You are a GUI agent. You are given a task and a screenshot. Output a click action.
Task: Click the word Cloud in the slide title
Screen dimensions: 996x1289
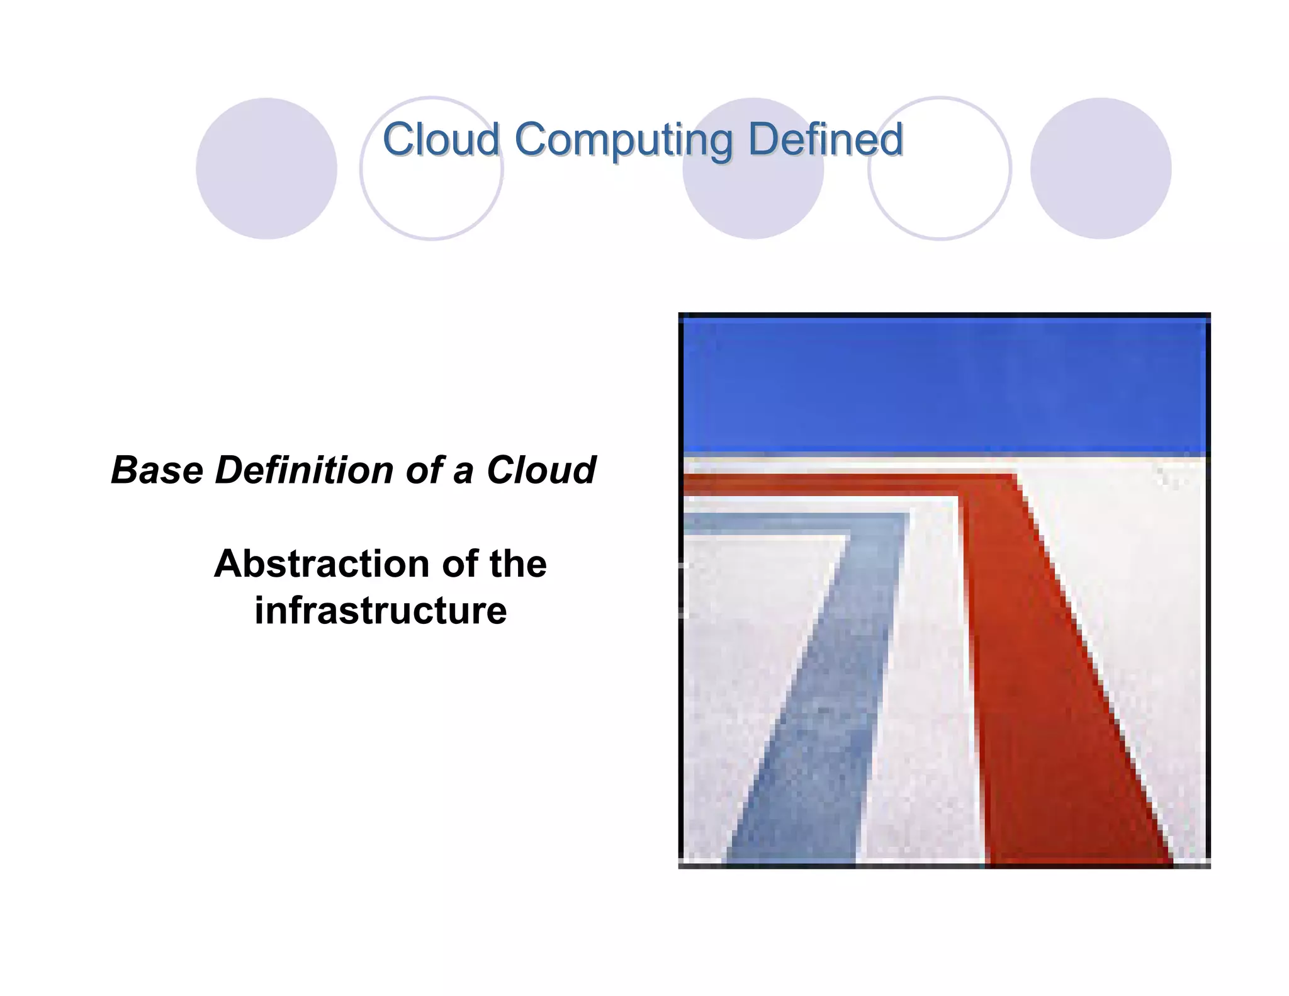[441, 139]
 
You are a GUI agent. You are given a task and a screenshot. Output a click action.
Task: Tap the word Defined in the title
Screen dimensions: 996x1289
[825, 139]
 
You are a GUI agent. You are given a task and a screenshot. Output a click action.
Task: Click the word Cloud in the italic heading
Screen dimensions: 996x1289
[541, 470]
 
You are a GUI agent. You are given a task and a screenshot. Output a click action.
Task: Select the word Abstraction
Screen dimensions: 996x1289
[321, 563]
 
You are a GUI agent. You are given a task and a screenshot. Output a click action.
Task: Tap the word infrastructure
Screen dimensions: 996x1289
[380, 611]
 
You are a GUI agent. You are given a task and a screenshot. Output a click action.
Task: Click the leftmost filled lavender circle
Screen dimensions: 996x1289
[266, 169]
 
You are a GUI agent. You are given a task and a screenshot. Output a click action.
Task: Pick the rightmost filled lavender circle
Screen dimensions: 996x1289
[1100, 169]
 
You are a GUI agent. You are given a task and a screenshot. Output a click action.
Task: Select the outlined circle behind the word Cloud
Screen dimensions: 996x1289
[432, 189]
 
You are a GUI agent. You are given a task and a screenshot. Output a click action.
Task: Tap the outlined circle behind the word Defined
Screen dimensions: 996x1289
[940, 189]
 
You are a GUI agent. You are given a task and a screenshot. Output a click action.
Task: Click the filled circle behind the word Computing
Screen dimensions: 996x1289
[753, 189]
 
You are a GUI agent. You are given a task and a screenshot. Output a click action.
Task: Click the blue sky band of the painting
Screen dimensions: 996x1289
[944, 387]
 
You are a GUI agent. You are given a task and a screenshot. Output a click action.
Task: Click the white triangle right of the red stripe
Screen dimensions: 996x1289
[1145, 598]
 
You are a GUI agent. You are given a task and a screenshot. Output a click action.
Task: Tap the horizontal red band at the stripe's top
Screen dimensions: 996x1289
[818, 484]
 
